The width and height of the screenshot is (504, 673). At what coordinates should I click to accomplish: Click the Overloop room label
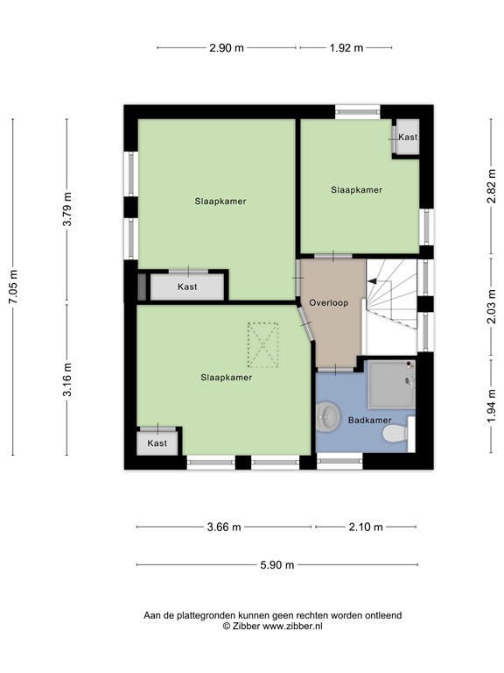click(329, 302)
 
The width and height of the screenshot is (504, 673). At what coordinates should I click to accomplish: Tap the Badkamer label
click(369, 421)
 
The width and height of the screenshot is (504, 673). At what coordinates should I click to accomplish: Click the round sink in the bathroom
click(328, 415)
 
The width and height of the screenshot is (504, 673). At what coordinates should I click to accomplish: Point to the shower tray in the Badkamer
click(392, 384)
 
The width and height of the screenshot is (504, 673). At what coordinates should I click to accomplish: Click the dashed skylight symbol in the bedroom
click(262, 345)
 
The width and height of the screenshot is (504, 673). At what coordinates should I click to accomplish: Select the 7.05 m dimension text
click(13, 287)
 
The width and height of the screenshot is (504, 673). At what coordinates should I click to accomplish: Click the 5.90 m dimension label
click(277, 565)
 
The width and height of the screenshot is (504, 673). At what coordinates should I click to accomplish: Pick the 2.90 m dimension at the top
click(227, 48)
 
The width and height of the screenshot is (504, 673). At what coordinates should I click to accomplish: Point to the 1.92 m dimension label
click(346, 48)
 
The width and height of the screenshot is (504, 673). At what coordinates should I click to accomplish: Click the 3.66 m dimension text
click(224, 527)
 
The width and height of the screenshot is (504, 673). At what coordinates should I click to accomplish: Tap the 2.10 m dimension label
click(366, 527)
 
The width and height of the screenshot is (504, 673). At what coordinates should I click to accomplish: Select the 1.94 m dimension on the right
click(491, 406)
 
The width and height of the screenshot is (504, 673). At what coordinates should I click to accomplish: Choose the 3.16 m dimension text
click(67, 379)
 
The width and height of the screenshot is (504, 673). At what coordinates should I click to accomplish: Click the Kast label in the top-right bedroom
click(408, 137)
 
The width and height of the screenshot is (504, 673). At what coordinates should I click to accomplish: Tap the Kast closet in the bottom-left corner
click(157, 442)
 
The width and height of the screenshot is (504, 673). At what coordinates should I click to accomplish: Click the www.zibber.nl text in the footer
click(292, 627)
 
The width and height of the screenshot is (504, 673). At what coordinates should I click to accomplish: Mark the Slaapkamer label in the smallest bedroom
click(357, 189)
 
